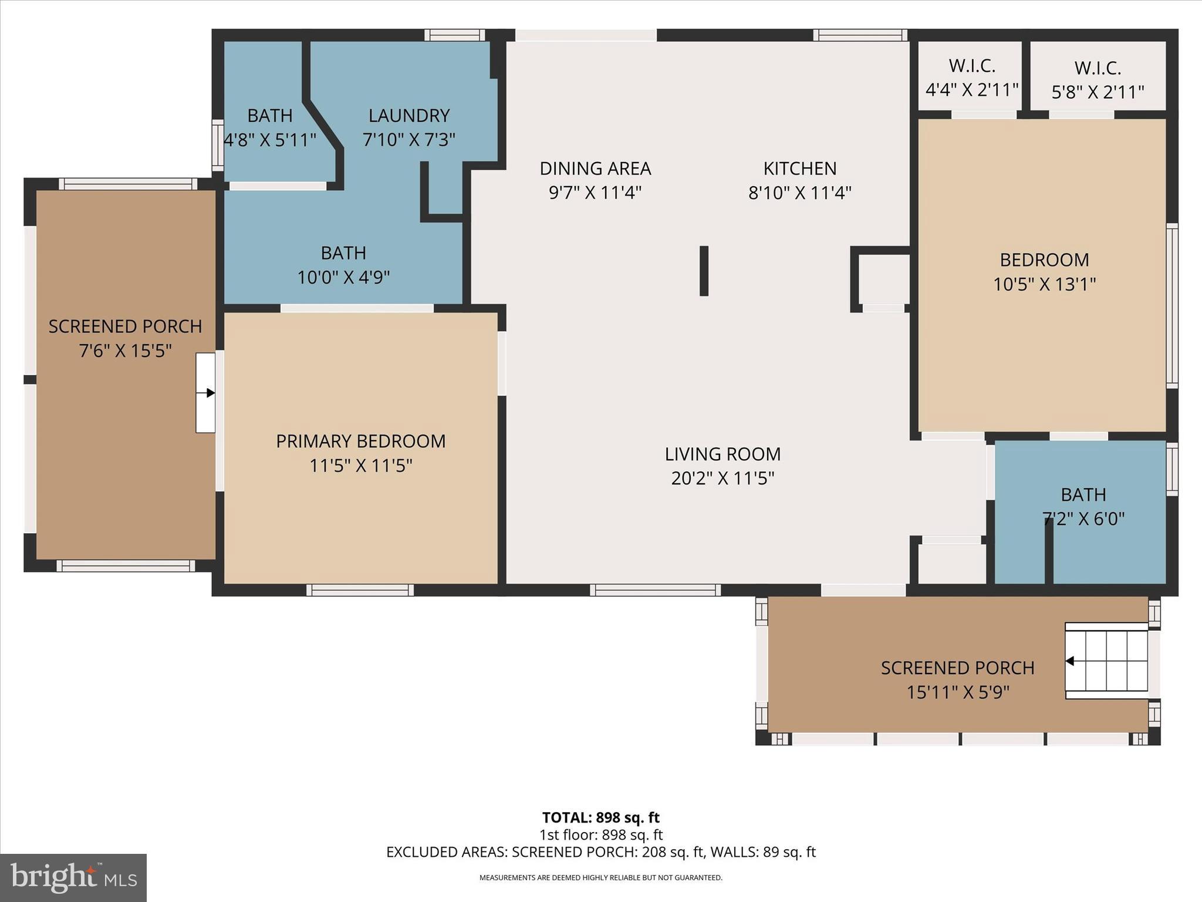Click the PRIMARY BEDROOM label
(x=360, y=441)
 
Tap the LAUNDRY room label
(x=409, y=115)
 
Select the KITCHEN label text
(x=799, y=169)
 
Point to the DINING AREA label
(x=595, y=169)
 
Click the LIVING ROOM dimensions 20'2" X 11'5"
(x=722, y=479)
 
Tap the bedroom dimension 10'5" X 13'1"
(x=1044, y=284)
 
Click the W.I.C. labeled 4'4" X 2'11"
(x=972, y=78)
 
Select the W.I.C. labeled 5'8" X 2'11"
(x=1098, y=80)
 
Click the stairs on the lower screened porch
(x=1106, y=661)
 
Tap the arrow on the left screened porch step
(x=206, y=393)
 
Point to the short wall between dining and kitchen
(x=704, y=271)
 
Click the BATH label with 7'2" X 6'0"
(x=1083, y=495)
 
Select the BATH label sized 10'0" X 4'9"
(x=343, y=253)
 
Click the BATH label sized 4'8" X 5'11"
(x=269, y=116)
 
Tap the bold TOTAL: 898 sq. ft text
(x=600, y=817)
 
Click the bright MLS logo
(x=73, y=877)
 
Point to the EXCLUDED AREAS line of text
(x=600, y=852)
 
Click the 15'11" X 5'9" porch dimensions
(x=957, y=692)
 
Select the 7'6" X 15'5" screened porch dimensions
(x=125, y=351)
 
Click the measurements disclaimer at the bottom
(x=600, y=878)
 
